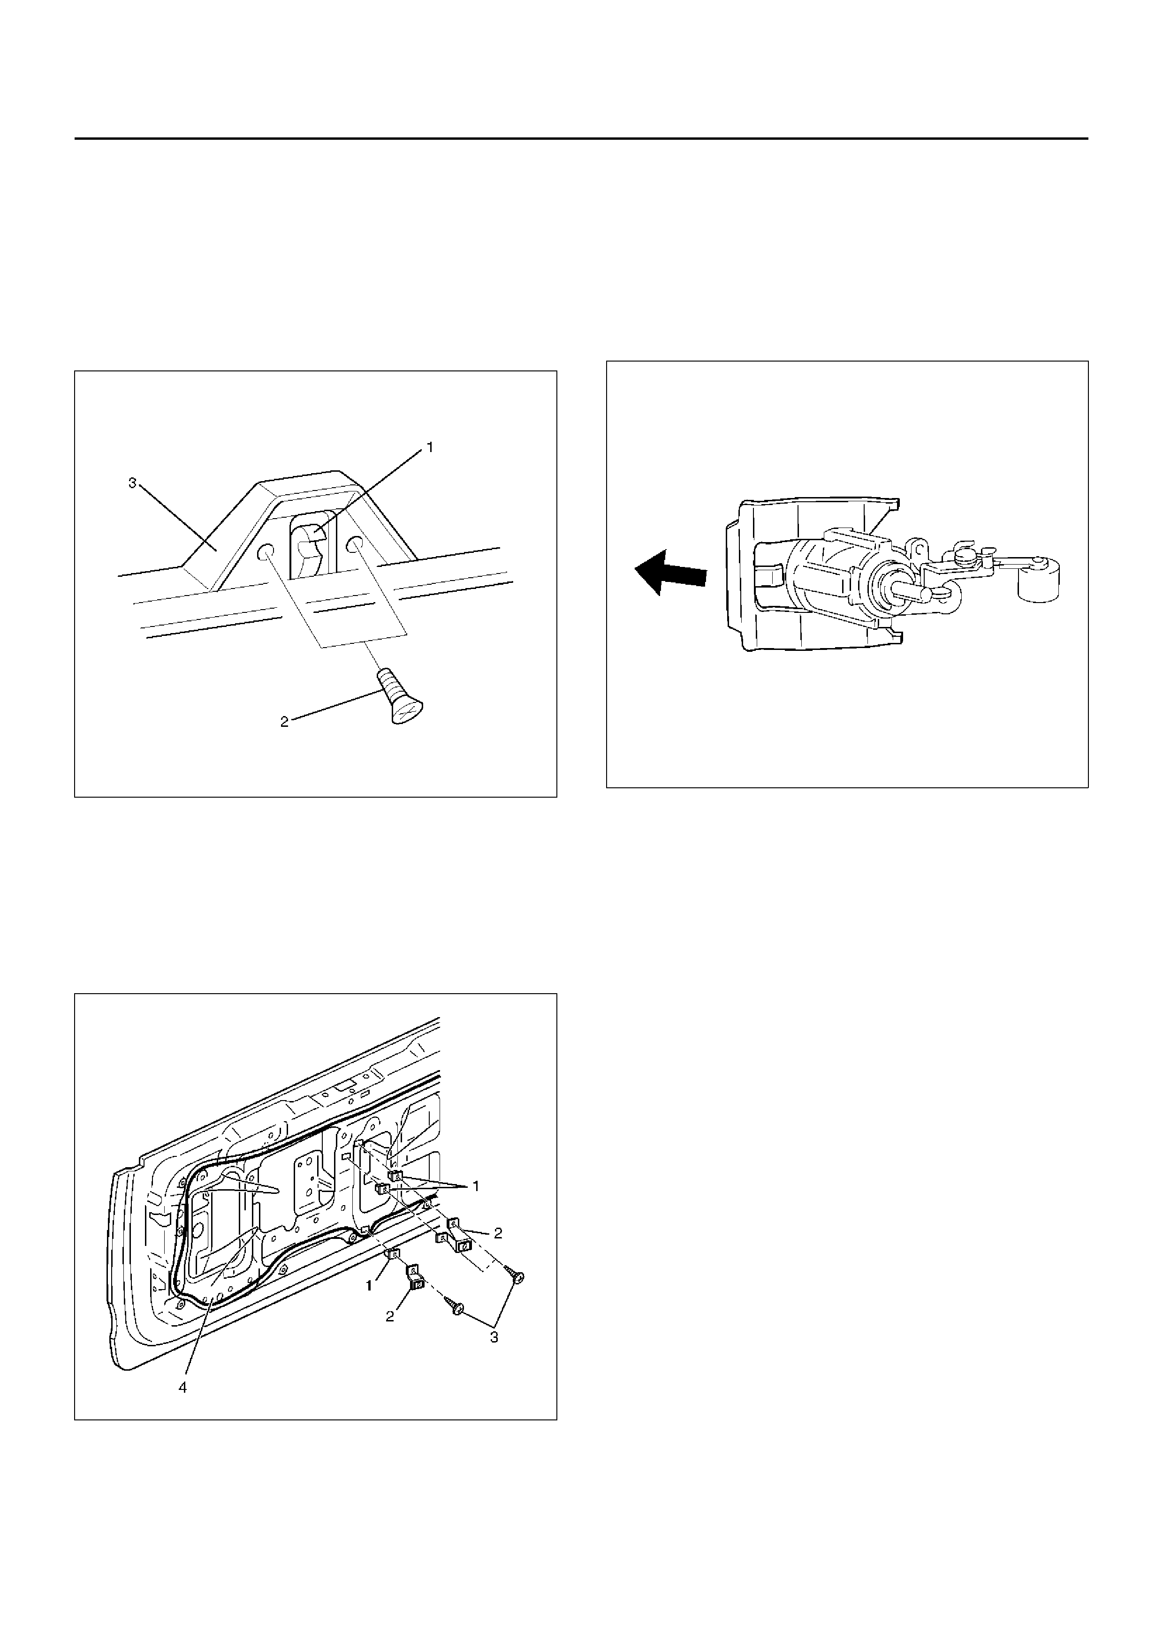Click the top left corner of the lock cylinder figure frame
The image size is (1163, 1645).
[x=607, y=361]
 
